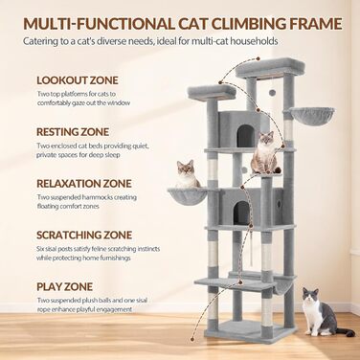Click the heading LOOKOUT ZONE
coord(78,80)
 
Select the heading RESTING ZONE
coord(73,132)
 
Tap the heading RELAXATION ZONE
coord(84,184)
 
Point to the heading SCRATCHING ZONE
coord(84,236)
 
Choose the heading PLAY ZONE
coord(64,286)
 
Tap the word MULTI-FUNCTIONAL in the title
coord(100,24)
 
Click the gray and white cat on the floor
coord(324,312)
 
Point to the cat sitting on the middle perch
coord(264,152)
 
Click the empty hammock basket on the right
coord(312,117)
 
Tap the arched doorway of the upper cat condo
coord(245,136)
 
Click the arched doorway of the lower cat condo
coord(241,213)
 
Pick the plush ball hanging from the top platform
coord(272,92)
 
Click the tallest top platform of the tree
coord(270,67)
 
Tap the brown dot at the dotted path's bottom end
coord(192,339)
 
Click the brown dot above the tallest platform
coord(258,59)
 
